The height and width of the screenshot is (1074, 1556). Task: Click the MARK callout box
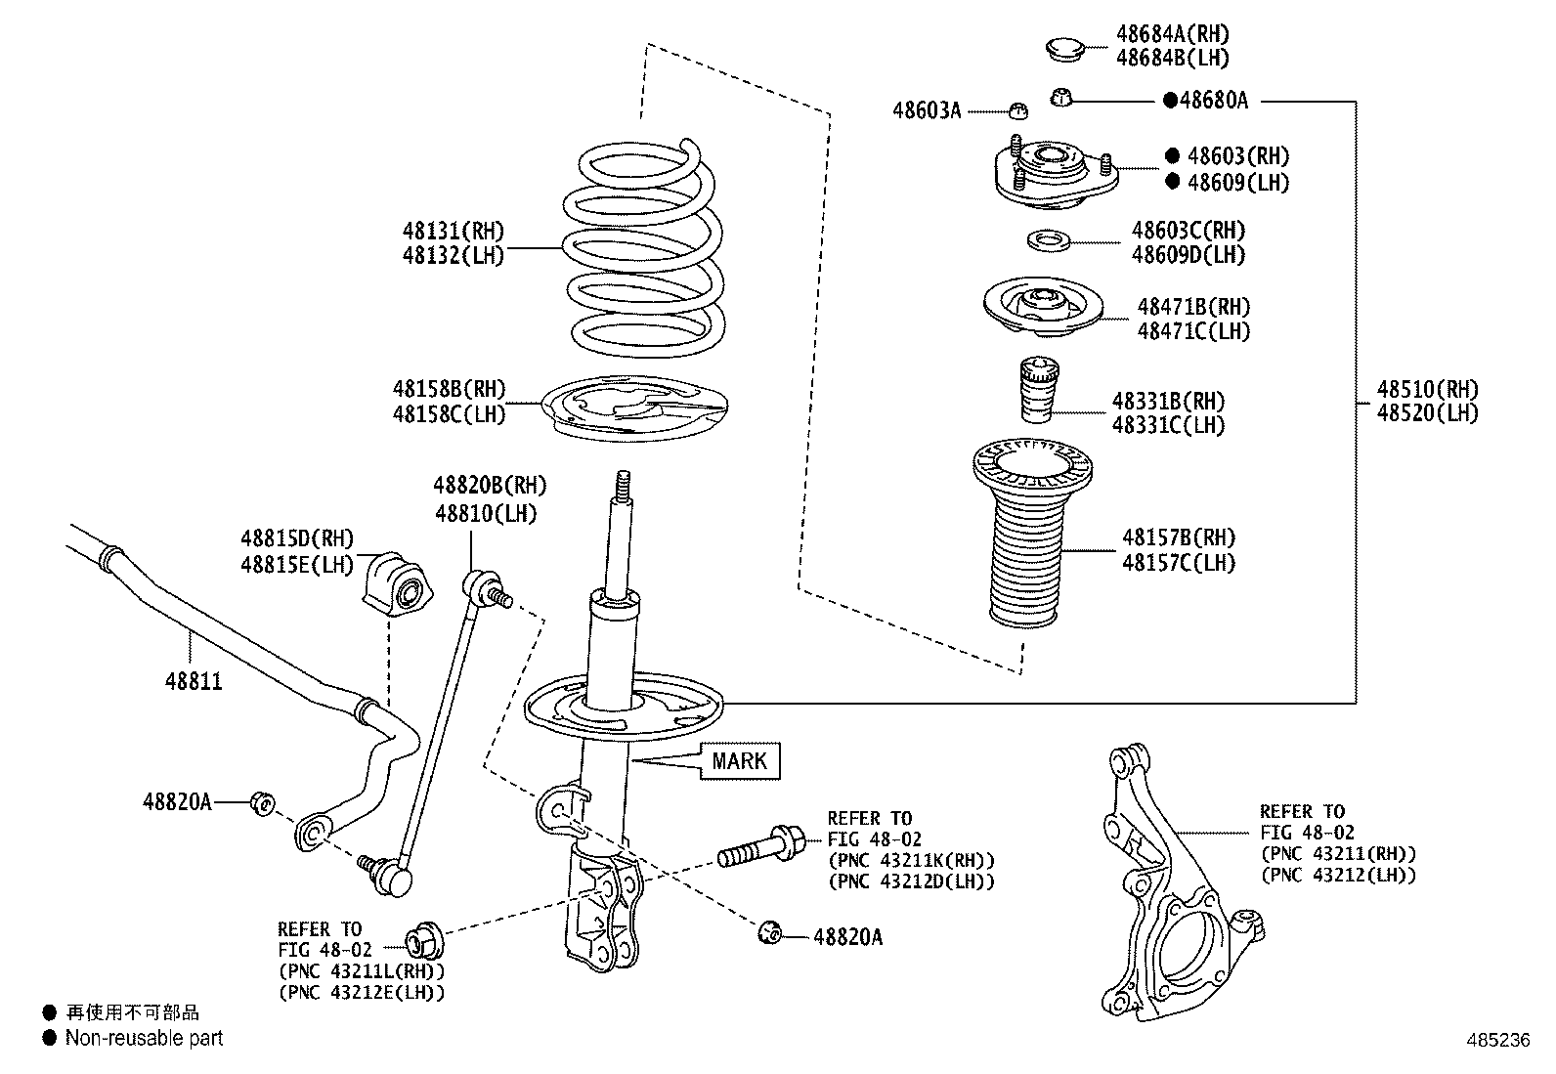[740, 760]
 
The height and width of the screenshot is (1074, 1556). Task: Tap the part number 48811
[194, 681]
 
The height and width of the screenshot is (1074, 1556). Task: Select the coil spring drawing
[643, 248]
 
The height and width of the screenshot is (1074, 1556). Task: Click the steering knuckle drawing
[1181, 882]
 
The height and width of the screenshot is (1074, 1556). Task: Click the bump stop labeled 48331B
[1039, 389]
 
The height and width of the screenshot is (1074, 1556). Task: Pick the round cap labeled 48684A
[1065, 49]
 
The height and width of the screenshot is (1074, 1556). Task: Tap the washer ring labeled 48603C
[1049, 241]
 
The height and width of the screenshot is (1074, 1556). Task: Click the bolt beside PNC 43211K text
[761, 846]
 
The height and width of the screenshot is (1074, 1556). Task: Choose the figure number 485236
[1498, 1040]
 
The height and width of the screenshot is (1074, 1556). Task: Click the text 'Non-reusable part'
[145, 1038]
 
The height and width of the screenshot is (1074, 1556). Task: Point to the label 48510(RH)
[1428, 388]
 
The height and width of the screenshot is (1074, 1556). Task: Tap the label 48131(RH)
[454, 231]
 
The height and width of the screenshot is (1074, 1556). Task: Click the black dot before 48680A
[1170, 101]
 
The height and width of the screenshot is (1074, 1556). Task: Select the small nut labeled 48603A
[1018, 110]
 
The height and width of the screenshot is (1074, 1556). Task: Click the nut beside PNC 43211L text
[424, 942]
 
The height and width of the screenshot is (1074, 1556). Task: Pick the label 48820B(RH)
[491, 485]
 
